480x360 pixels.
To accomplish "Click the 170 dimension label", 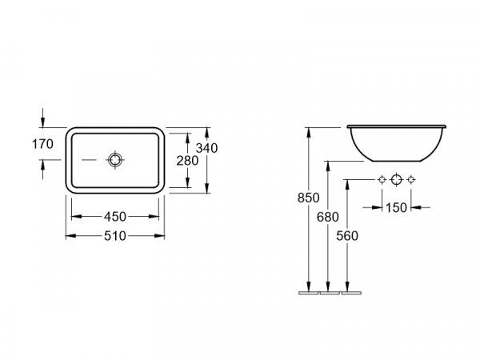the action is pyautogui.click(x=42, y=144).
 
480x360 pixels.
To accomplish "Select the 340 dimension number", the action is pyautogui.click(x=206, y=148).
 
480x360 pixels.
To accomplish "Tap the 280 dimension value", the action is pyautogui.click(x=187, y=161).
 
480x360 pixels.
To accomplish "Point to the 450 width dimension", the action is pyautogui.click(x=114, y=217).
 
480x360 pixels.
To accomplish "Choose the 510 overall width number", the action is pyautogui.click(x=114, y=236).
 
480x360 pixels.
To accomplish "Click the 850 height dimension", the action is pyautogui.click(x=308, y=198).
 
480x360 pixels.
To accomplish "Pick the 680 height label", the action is pyautogui.click(x=327, y=217).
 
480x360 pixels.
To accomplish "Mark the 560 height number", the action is pyautogui.click(x=347, y=236).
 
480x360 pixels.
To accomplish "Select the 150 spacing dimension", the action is pyautogui.click(x=396, y=208).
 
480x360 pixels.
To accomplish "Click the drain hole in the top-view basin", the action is pyautogui.click(x=115, y=160).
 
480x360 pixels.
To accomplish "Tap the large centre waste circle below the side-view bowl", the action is pyautogui.click(x=397, y=179).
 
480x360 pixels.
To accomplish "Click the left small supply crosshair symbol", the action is pyautogui.click(x=382, y=179).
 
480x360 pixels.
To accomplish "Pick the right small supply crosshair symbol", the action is pyautogui.click(x=411, y=179).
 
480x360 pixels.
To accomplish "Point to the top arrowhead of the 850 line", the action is pyautogui.click(x=309, y=133).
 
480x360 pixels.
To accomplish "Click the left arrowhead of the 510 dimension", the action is pyautogui.click(x=71, y=236).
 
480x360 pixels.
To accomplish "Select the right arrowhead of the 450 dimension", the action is pyautogui.click(x=154, y=217).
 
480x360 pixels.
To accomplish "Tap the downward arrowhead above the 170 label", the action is pyautogui.click(x=42, y=122).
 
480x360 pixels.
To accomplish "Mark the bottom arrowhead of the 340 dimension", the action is pyautogui.click(x=207, y=188).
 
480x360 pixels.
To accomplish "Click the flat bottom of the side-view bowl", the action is pyautogui.click(x=397, y=161).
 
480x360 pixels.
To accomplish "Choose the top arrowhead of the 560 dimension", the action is pyautogui.click(x=347, y=185).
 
